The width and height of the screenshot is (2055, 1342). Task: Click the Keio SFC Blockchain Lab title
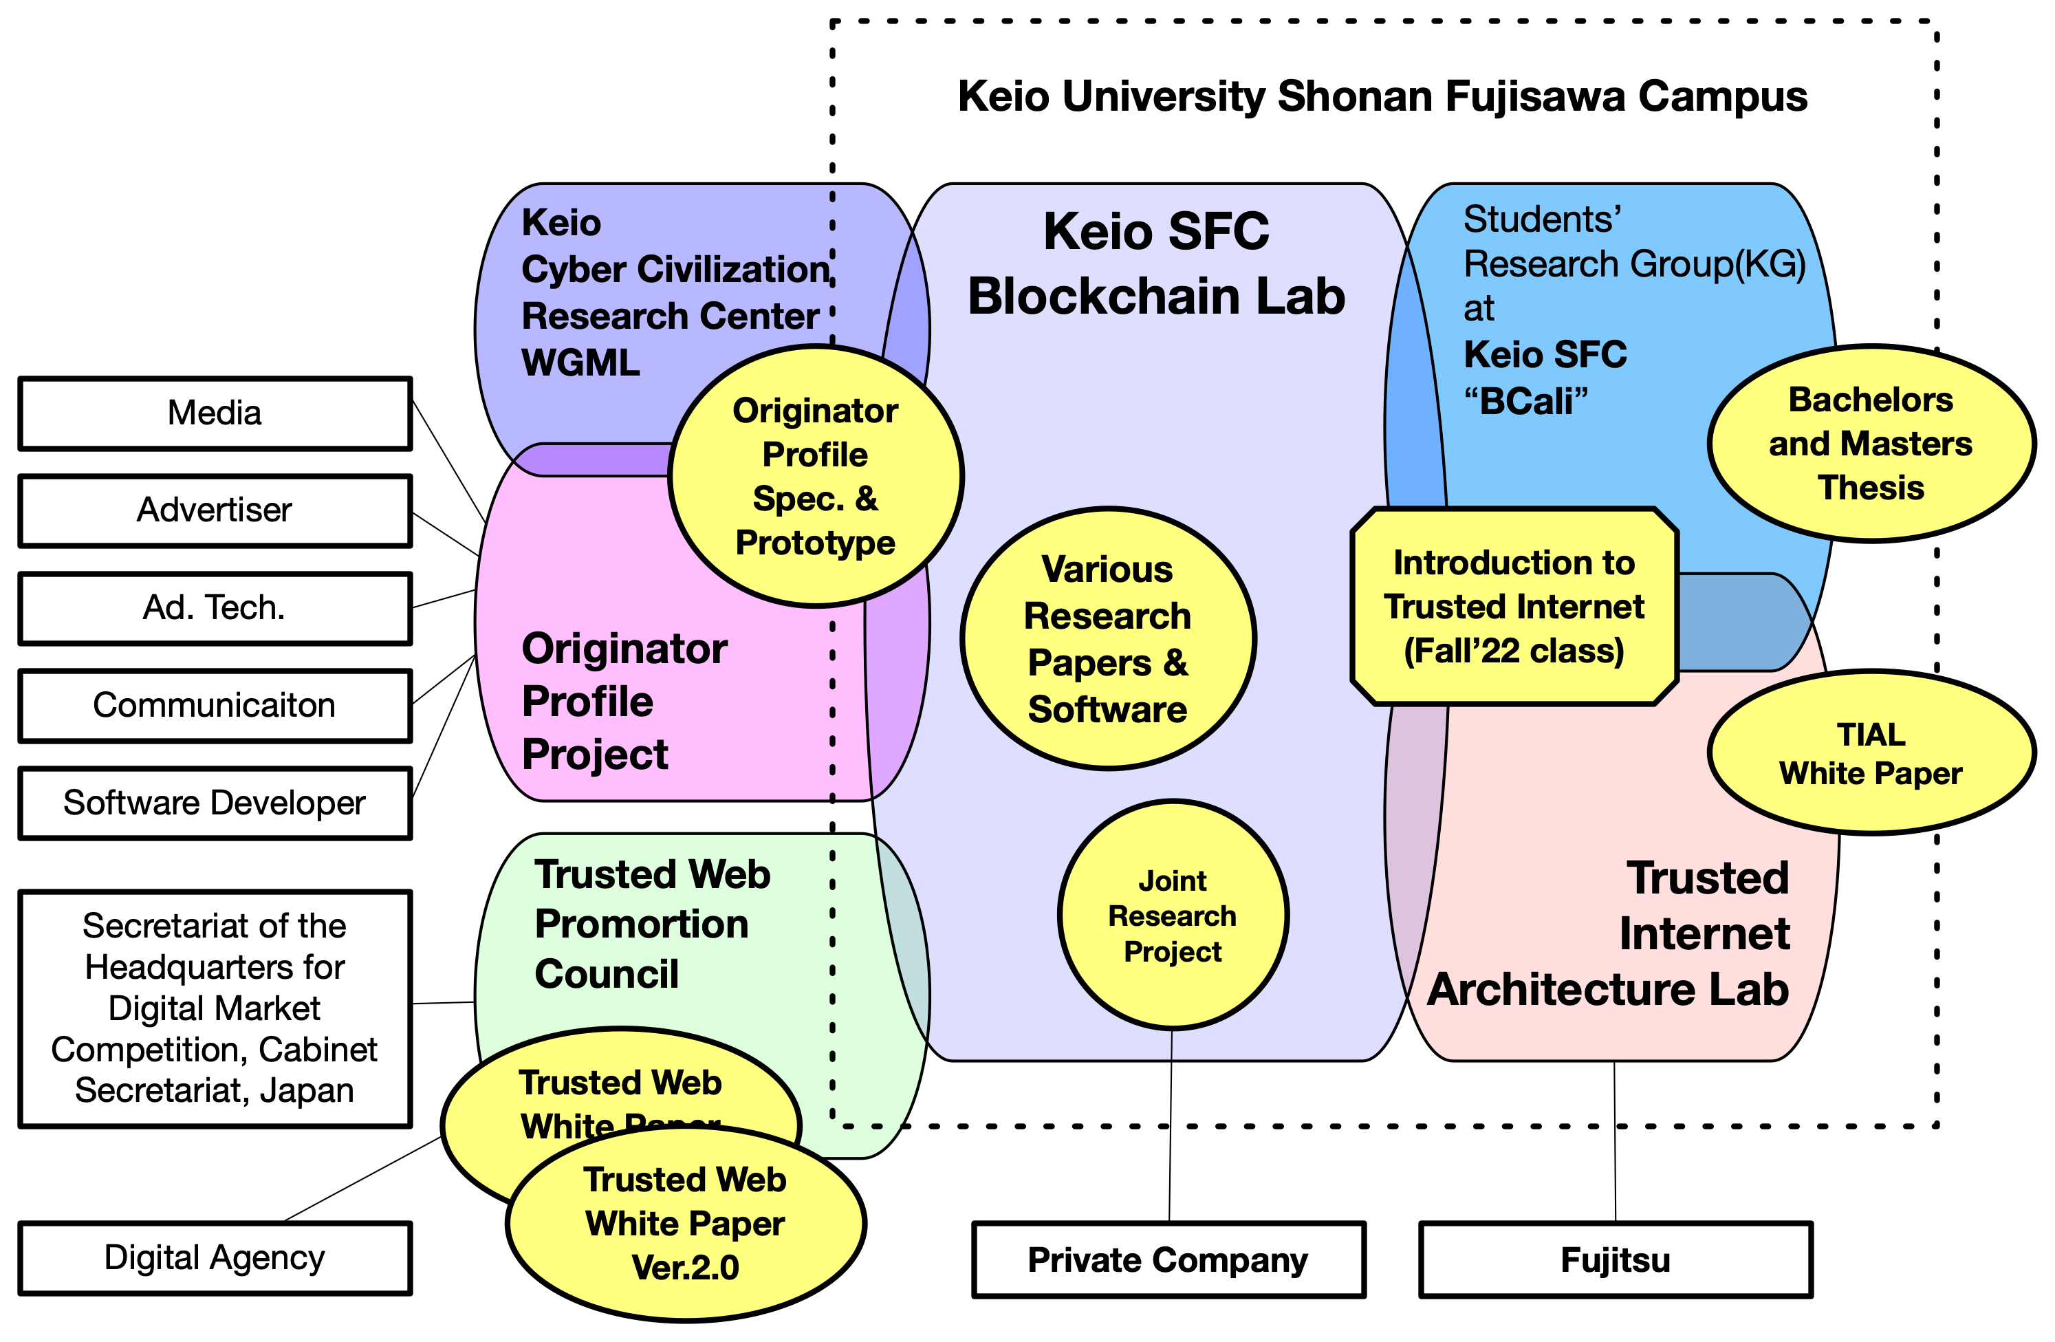(1156, 263)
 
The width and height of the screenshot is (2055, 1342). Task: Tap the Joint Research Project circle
(1173, 916)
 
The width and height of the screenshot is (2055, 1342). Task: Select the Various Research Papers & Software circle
(1108, 639)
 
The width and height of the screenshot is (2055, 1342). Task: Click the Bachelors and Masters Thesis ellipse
(1870, 444)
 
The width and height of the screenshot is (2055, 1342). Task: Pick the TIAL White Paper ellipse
(1870, 753)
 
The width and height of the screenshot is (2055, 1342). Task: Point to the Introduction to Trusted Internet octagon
(1514, 606)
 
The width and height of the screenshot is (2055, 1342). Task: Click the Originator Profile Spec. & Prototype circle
(815, 477)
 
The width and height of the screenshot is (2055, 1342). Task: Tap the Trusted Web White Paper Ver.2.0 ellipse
(686, 1224)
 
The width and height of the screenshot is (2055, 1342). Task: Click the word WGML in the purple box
(581, 362)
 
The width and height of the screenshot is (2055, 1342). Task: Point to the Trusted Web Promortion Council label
(652, 924)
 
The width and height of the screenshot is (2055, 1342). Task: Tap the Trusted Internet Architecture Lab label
(1609, 934)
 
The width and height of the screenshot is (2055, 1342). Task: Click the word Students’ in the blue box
(1542, 219)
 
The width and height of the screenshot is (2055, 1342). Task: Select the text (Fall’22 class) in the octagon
(1514, 650)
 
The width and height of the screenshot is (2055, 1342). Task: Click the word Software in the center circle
(1108, 709)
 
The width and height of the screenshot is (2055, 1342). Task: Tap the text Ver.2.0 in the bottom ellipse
(686, 1268)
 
